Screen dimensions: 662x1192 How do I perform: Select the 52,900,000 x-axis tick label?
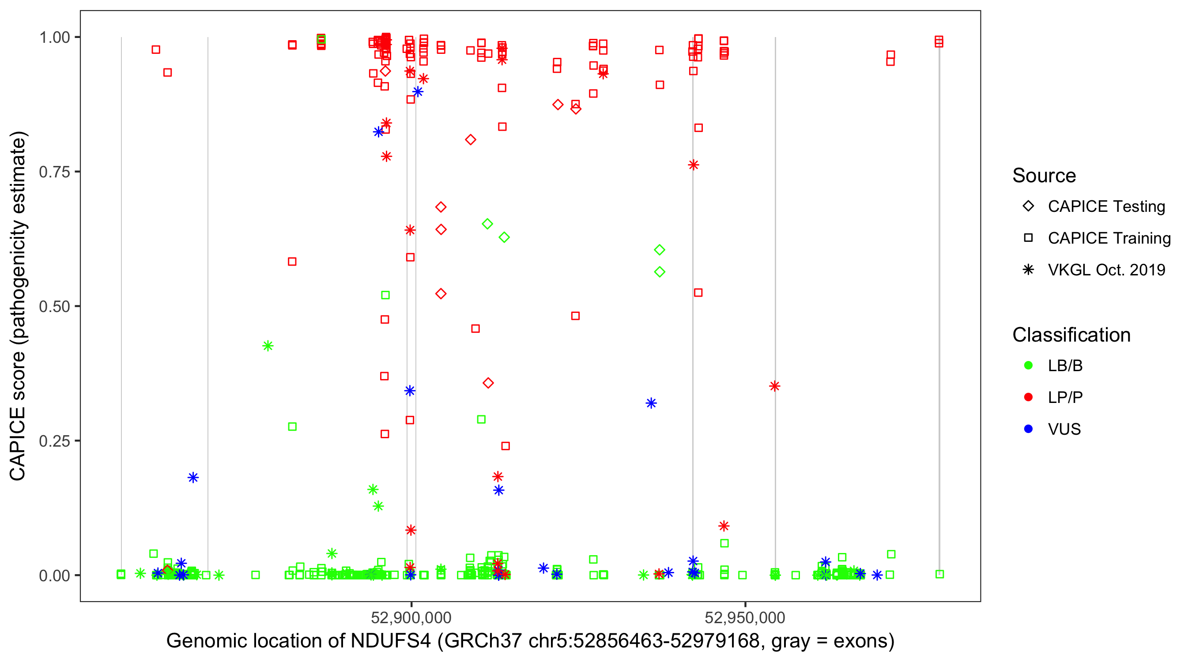coord(411,617)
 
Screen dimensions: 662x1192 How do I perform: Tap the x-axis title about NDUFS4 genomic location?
coord(530,641)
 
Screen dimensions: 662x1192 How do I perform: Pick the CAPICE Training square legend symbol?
coord(1028,238)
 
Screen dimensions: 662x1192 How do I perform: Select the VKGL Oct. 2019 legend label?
coord(1106,270)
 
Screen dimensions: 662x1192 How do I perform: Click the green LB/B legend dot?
coord(1028,365)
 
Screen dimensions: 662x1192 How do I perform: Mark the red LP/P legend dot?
coord(1028,397)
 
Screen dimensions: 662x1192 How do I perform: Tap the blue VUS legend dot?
coord(1028,429)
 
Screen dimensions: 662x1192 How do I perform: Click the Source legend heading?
coord(1044,176)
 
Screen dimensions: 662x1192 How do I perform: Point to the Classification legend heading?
coord(1071,335)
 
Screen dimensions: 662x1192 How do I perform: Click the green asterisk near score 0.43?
coord(268,346)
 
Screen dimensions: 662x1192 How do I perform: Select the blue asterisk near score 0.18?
coord(193,478)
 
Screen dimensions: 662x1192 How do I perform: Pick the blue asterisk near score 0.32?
coord(651,403)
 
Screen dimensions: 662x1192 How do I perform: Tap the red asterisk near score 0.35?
coord(775,386)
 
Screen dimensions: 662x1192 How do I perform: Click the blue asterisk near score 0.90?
coord(417,92)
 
